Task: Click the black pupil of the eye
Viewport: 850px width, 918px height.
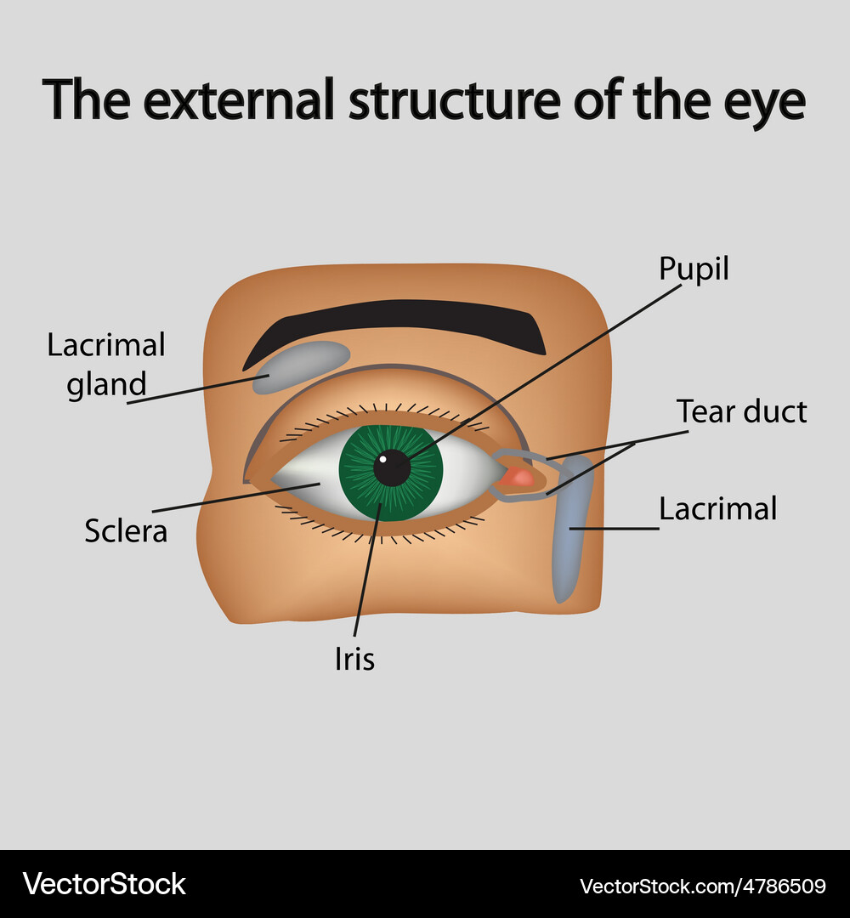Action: click(392, 468)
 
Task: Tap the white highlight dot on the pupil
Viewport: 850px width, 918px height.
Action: click(382, 460)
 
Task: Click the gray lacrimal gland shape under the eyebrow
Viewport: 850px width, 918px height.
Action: click(302, 365)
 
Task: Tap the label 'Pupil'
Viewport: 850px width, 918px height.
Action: click(694, 270)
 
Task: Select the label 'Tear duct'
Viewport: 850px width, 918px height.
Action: click(741, 411)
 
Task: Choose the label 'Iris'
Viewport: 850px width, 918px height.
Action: click(354, 659)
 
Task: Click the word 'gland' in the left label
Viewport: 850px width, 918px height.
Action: click(106, 385)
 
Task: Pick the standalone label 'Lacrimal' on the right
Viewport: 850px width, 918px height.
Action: click(718, 508)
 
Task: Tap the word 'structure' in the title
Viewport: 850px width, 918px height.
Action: click(455, 99)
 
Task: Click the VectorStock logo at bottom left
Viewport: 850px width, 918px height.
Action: click(104, 884)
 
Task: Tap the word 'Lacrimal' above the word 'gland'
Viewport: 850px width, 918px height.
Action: click(106, 345)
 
